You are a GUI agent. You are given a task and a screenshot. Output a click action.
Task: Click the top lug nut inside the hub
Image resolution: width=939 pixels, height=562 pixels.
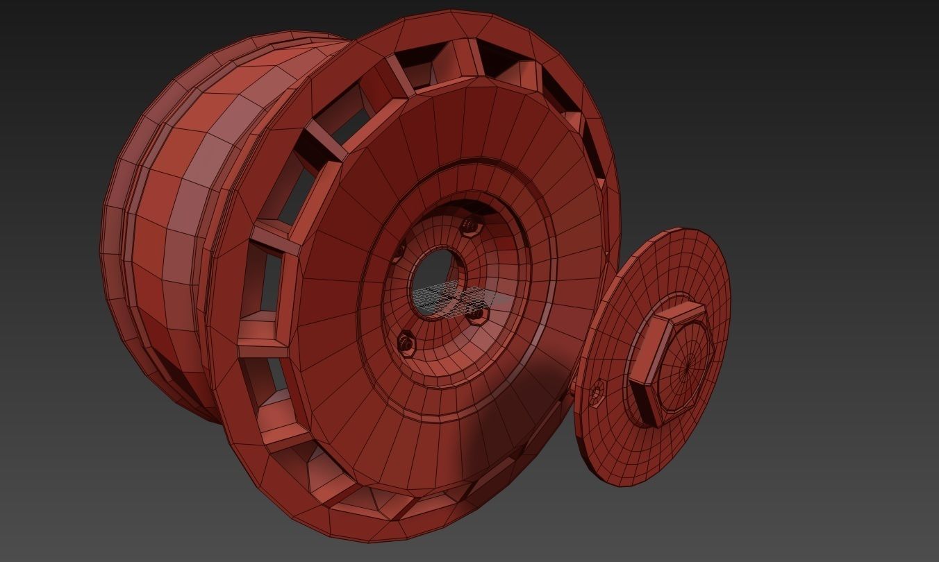pyautogui.click(x=472, y=224)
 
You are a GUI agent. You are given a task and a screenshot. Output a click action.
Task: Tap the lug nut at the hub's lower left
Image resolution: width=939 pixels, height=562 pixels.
pyautogui.click(x=407, y=341)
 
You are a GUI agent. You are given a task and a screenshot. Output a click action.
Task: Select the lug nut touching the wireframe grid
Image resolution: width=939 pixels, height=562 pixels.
pyautogui.click(x=476, y=316)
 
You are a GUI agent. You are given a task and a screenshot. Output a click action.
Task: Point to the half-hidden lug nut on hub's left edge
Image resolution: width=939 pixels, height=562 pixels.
pyautogui.click(x=399, y=250)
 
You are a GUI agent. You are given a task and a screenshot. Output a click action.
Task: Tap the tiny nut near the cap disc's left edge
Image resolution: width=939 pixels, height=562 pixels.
pyautogui.click(x=597, y=393)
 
